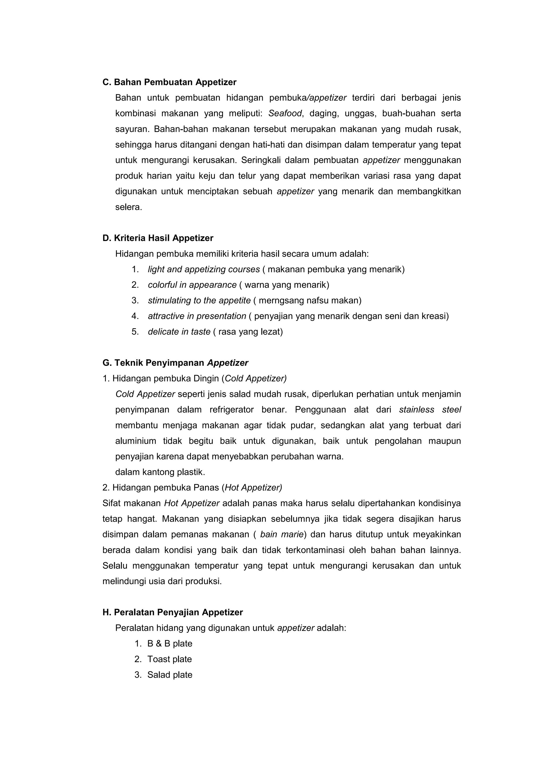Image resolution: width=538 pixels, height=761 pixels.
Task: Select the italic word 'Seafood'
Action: coord(285,113)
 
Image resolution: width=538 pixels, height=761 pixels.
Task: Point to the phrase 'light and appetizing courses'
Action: coord(204,269)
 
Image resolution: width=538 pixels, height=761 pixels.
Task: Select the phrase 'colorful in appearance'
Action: coord(192,285)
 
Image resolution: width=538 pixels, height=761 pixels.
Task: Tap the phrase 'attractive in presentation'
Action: coord(197,316)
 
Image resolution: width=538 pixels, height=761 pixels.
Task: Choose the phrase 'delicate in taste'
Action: coord(179,332)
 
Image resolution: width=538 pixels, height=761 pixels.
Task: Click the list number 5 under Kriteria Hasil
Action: coord(135,332)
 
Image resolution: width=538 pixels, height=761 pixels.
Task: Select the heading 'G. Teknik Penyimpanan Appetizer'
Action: coord(175,363)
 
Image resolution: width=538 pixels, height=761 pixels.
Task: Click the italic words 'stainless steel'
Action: coord(430,410)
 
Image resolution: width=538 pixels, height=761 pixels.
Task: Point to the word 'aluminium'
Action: coord(136,441)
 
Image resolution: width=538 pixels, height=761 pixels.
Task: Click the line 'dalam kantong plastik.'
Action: coord(160,472)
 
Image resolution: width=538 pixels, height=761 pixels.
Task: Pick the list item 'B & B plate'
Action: coord(170,644)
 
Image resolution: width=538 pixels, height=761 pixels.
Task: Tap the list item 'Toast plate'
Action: coord(169,659)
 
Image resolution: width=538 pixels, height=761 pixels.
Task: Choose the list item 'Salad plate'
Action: coord(170,675)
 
